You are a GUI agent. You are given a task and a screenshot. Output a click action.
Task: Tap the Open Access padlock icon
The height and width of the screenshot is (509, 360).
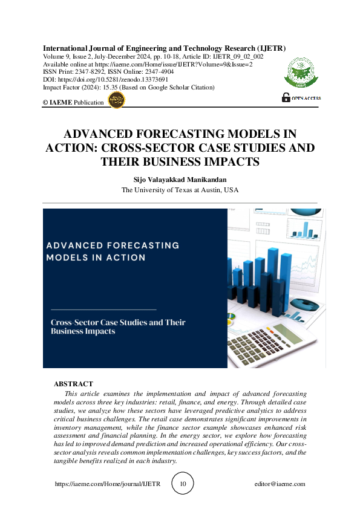pyautogui.click(x=286, y=97)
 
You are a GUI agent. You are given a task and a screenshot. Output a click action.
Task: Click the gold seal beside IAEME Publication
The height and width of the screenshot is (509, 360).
pyautogui.click(x=116, y=101)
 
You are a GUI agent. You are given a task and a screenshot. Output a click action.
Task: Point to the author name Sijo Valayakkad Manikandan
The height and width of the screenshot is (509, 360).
pyautogui.click(x=180, y=180)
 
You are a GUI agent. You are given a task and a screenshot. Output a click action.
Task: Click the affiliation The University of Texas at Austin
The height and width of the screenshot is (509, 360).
pyautogui.click(x=180, y=190)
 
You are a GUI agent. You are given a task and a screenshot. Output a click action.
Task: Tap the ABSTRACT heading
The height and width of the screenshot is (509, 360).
pyautogui.click(x=73, y=384)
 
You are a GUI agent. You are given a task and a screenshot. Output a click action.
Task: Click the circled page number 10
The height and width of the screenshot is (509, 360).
pyautogui.click(x=183, y=484)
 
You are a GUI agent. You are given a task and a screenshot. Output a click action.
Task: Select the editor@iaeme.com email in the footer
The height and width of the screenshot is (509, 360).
pyautogui.click(x=280, y=484)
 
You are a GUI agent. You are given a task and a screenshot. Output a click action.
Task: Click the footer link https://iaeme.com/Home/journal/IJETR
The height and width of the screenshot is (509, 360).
pyautogui.click(x=108, y=484)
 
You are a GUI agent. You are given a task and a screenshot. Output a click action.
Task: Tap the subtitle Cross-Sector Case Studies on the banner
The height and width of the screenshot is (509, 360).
pyautogui.click(x=117, y=323)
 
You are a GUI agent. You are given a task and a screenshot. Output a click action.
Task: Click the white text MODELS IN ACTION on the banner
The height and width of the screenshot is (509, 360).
pyautogui.click(x=96, y=258)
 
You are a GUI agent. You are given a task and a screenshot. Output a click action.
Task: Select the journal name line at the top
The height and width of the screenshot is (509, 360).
pyautogui.click(x=164, y=48)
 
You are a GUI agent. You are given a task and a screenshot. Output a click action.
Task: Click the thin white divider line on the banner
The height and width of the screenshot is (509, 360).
pyautogui.click(x=101, y=309)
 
